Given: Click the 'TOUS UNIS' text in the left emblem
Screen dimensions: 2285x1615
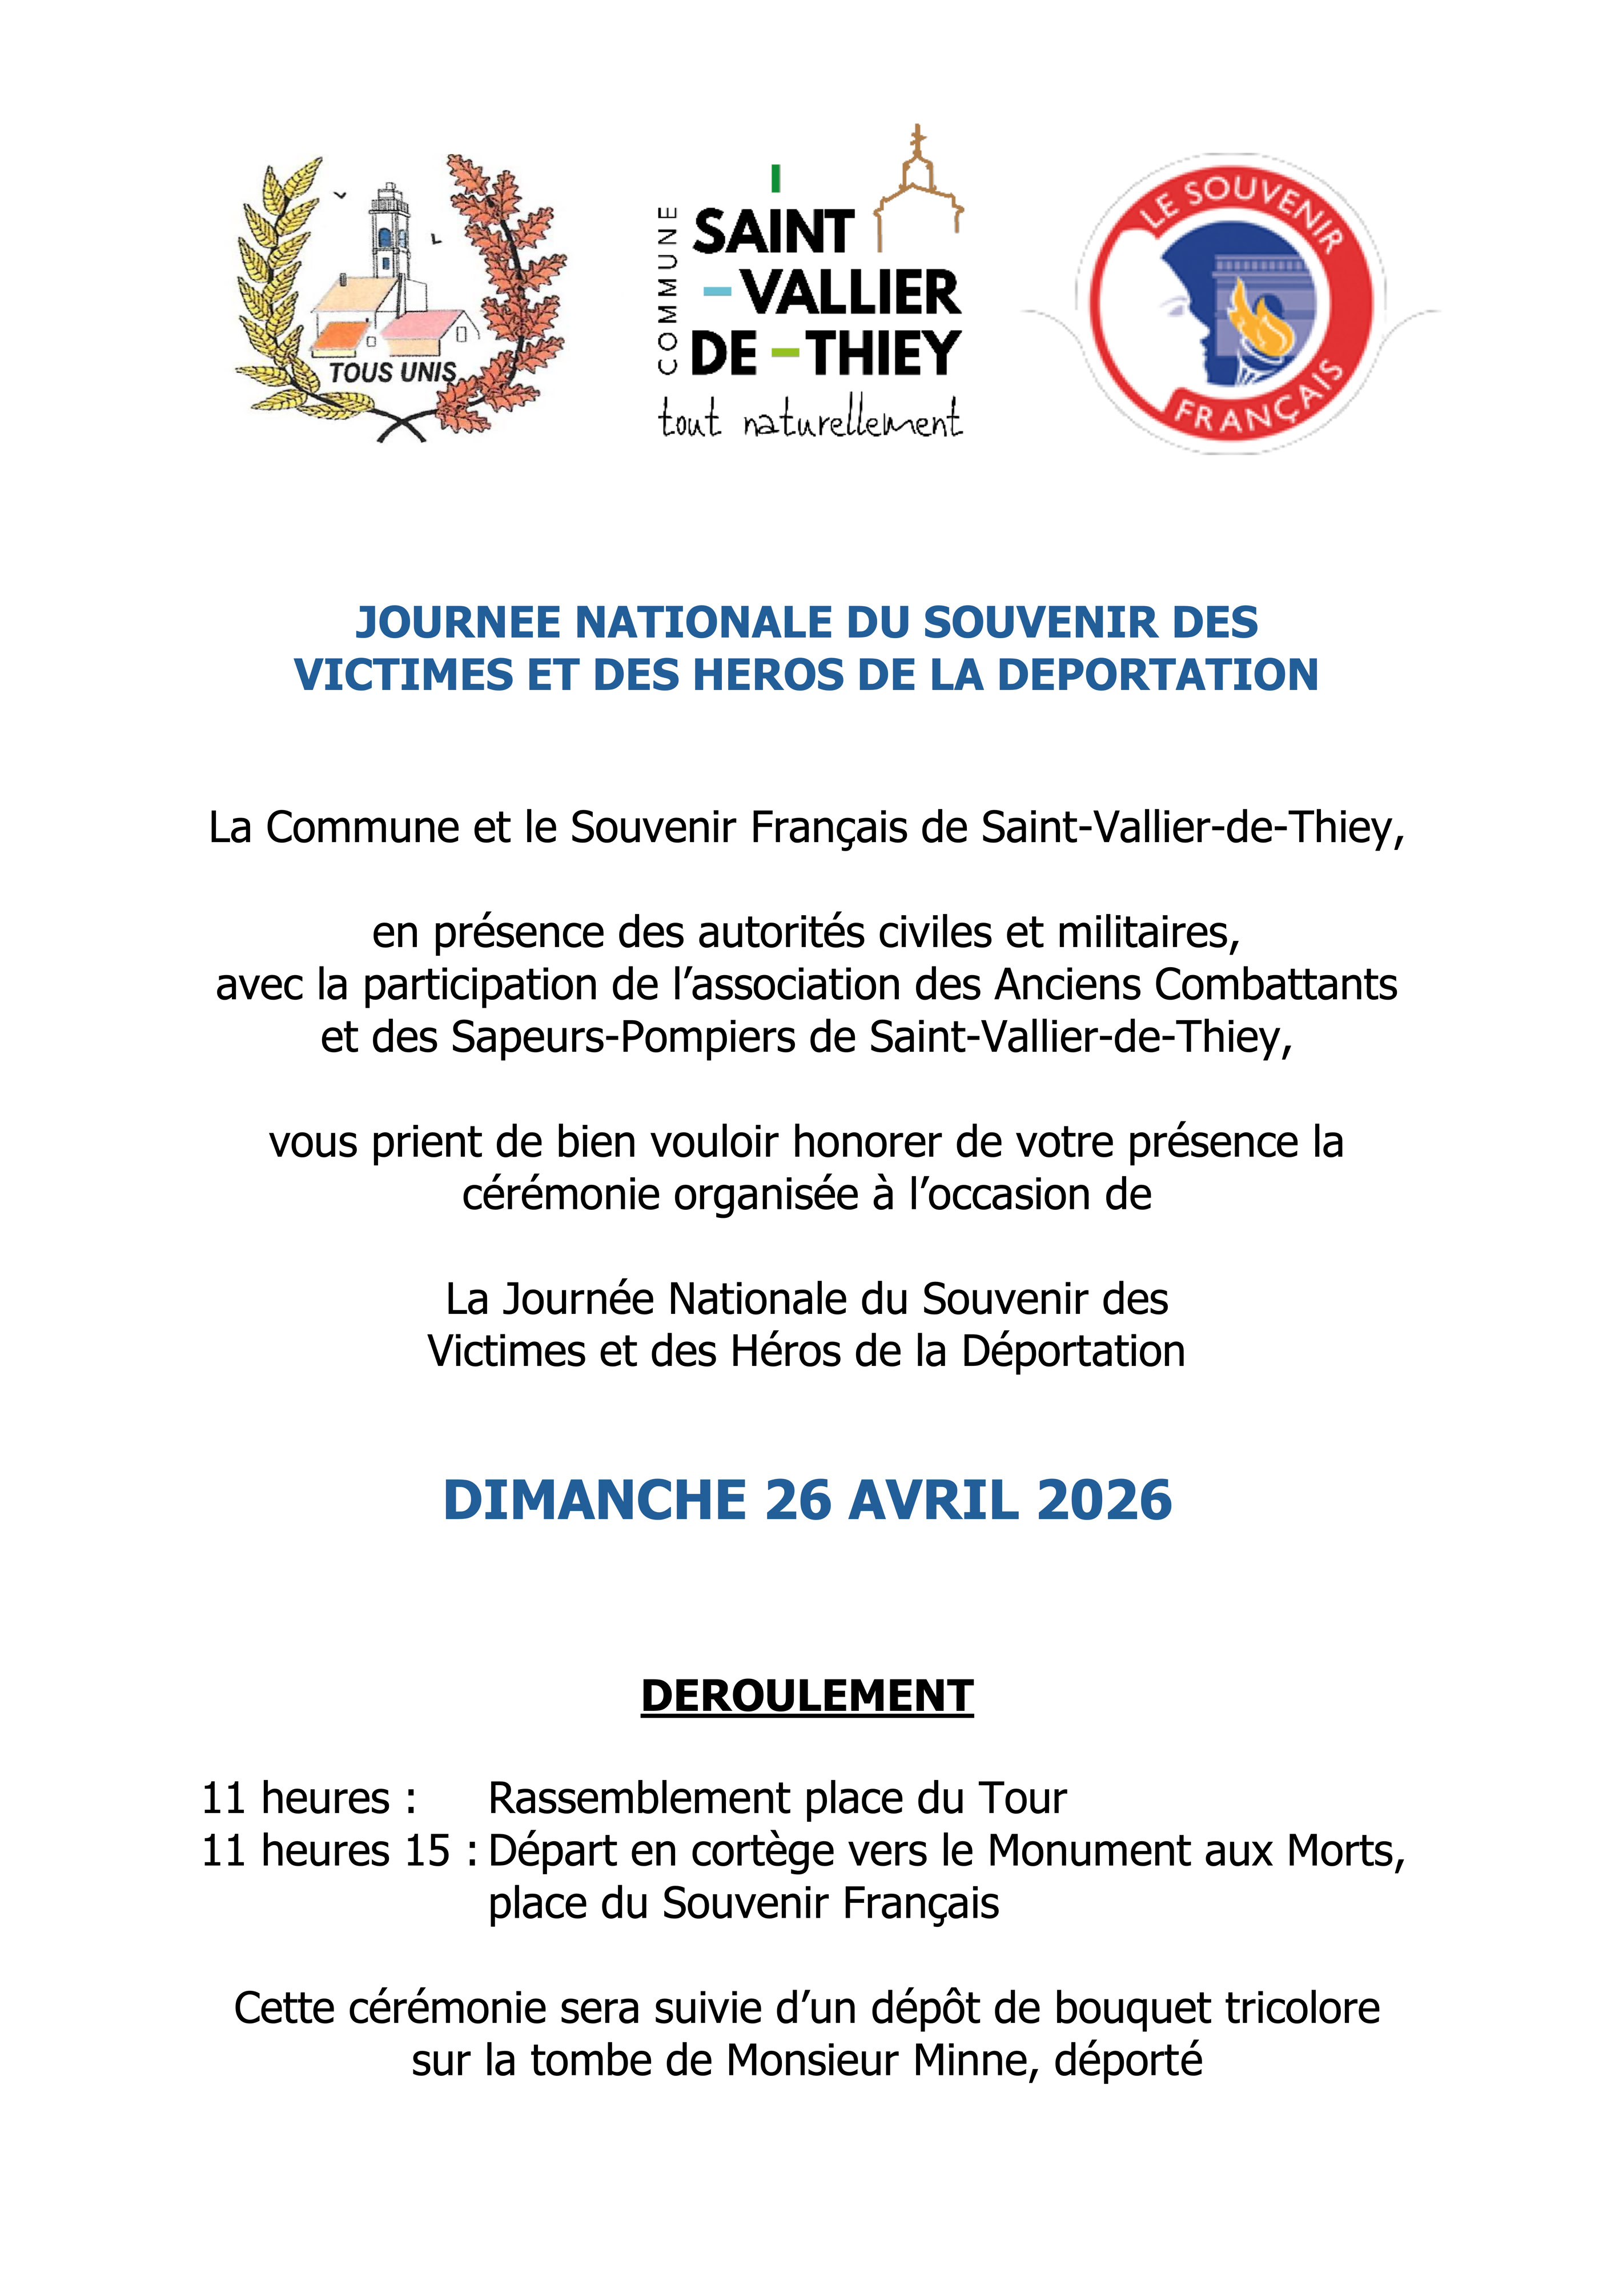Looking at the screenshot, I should point(392,373).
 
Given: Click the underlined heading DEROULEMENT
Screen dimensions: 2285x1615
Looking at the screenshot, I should point(807,1696).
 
